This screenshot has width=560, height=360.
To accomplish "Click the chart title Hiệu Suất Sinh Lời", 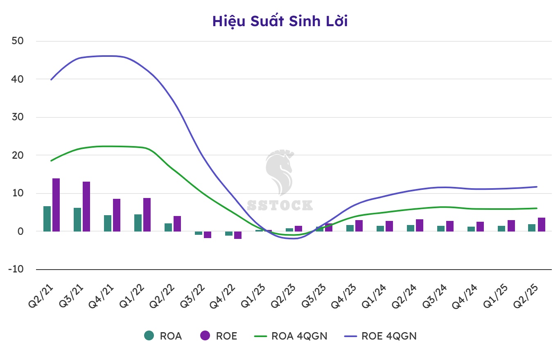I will [280, 21].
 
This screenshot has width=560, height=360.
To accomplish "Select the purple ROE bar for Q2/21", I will [56, 205].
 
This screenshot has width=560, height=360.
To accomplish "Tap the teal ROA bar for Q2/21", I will [47, 219].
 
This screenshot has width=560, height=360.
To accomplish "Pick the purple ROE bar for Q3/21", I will [86, 207].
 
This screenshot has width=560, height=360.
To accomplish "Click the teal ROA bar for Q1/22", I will [138, 223].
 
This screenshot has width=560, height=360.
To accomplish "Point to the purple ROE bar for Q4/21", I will [117, 215].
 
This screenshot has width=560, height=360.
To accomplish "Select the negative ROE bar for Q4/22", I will [238, 235].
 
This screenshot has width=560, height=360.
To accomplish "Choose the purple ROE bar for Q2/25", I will [542, 225].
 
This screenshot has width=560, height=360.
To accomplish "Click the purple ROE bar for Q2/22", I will [177, 224].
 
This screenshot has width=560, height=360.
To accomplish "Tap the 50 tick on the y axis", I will [18, 41].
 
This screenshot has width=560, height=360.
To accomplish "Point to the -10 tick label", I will [16, 270].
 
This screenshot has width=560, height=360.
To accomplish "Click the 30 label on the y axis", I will [18, 117].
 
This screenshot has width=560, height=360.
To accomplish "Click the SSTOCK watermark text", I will [280, 205].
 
